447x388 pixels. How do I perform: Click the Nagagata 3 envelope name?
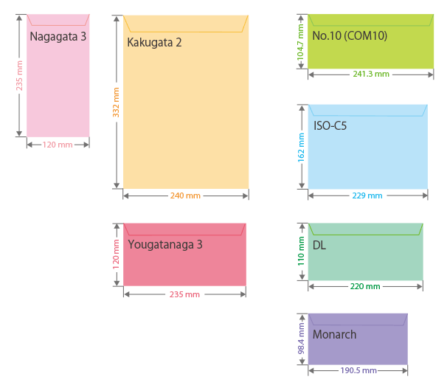(58, 36)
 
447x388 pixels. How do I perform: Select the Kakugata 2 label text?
(154, 42)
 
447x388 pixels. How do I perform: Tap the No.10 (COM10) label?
(350, 35)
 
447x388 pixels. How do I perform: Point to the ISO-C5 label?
(330, 125)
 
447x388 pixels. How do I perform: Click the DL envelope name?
(319, 245)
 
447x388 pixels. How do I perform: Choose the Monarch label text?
(334, 334)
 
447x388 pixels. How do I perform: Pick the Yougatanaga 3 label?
(164, 244)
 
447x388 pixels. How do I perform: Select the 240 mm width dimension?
(185, 195)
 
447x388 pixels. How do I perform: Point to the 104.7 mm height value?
(300, 41)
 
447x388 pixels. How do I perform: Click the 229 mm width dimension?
(367, 195)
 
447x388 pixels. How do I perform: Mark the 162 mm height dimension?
(301, 148)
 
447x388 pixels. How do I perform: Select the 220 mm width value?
(365, 286)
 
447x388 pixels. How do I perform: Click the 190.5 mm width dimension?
(358, 370)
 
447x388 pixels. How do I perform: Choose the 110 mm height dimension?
(301, 251)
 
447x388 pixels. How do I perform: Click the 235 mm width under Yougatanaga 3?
(184, 294)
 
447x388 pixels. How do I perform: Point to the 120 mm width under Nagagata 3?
(58, 145)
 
